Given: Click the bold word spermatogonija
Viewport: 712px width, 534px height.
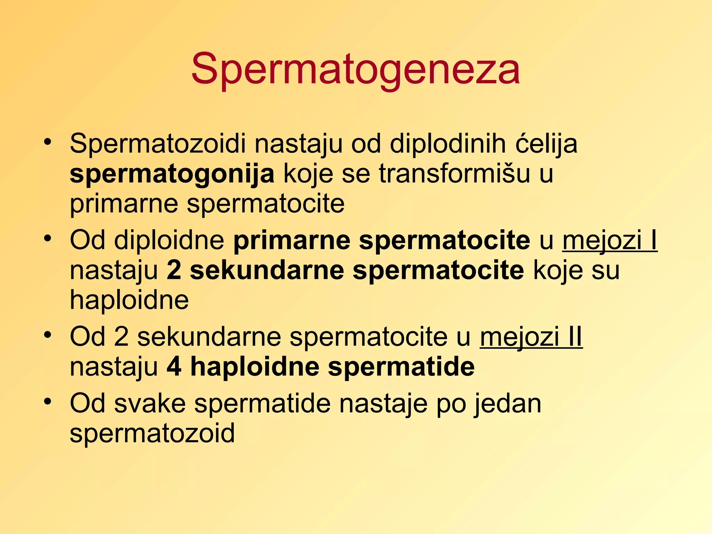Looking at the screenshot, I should click(x=172, y=174).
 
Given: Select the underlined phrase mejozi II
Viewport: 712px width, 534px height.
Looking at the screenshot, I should click(x=531, y=337).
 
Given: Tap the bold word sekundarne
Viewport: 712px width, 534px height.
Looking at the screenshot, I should click(x=267, y=270).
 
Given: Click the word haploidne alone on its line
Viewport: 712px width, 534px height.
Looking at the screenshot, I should click(x=129, y=300).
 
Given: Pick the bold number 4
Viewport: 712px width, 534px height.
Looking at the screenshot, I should click(x=174, y=367).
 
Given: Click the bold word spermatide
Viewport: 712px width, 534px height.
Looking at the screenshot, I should click(x=401, y=367).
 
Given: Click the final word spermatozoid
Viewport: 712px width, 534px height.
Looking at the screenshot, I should click(x=152, y=433).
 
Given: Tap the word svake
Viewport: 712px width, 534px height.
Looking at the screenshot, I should click(x=150, y=403).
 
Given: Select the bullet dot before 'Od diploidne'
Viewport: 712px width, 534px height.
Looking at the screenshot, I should click(x=48, y=238).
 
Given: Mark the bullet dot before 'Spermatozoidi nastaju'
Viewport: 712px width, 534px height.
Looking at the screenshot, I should click(x=48, y=142).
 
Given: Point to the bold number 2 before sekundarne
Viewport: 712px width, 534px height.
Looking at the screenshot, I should click(x=174, y=270).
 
